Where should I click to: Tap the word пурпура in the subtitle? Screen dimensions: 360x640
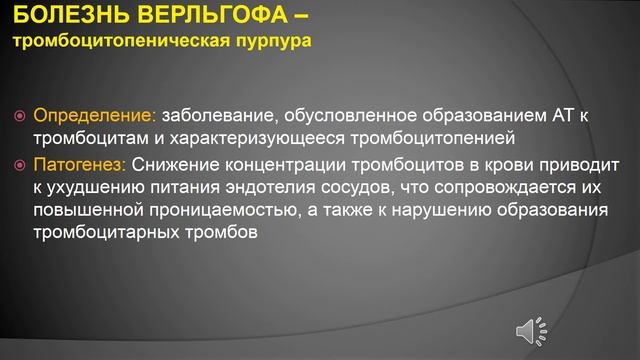tap(270, 43)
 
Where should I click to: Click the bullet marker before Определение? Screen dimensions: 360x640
tap(19, 116)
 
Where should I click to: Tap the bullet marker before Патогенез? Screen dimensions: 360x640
tap(19, 163)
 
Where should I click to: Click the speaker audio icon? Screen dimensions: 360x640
tap(530, 330)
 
